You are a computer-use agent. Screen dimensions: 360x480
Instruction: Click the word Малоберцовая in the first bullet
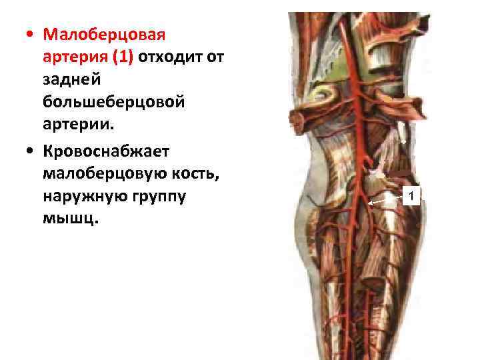coord(103,33)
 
